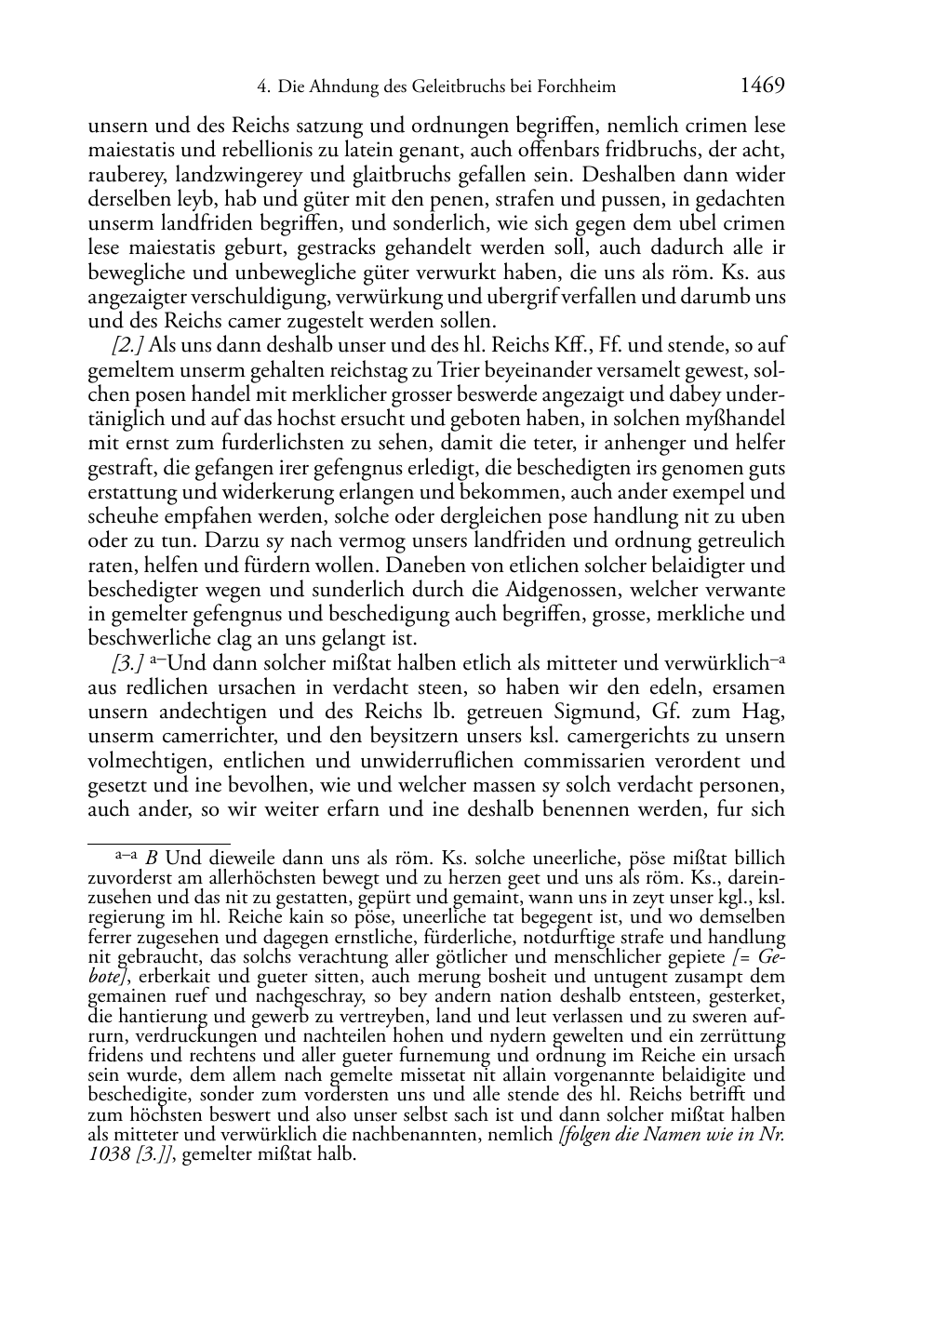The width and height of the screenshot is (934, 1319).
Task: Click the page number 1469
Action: coord(763,87)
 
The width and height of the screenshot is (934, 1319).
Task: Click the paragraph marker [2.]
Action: coord(127,346)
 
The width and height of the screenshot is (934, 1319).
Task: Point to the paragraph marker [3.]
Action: coord(127,664)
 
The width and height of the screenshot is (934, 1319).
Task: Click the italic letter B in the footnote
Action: coord(152,859)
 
